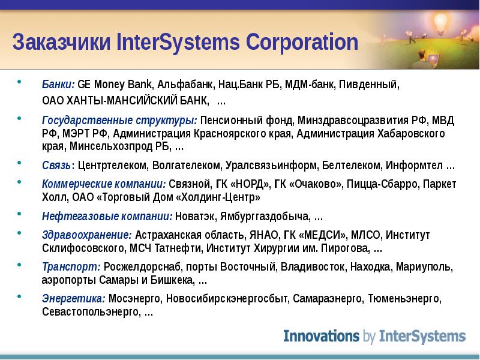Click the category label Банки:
pyautogui.click(x=58, y=84)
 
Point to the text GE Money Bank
pyautogui.click(x=115, y=85)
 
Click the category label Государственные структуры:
pyautogui.click(x=119, y=121)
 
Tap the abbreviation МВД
pyautogui.click(x=443, y=121)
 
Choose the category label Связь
pyautogui.click(x=56, y=166)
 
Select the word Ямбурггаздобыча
pyautogui.click(x=264, y=217)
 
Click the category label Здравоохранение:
pyautogui.click(x=87, y=235)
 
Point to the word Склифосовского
pyautogui.click(x=83, y=248)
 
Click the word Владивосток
pyautogui.click(x=313, y=267)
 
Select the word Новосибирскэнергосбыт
pyautogui.click(x=227, y=298)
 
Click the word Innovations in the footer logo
pyautogui.click(x=321, y=336)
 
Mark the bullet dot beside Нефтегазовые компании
pyautogui.click(x=20, y=214)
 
